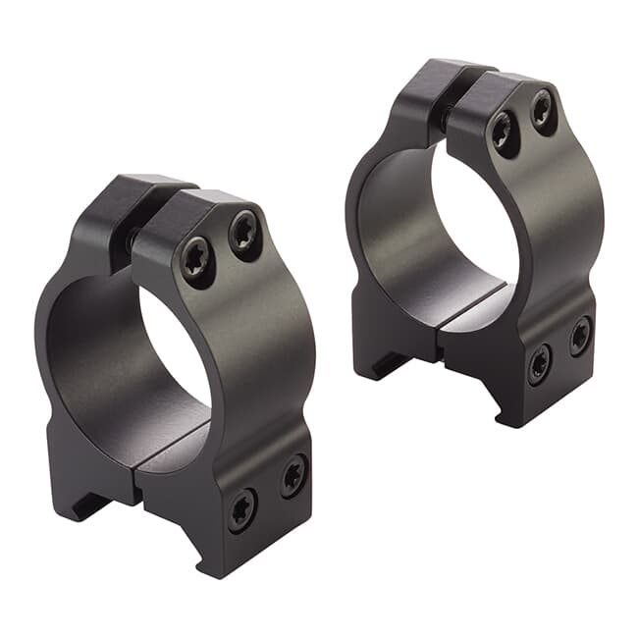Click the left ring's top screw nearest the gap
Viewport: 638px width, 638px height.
(x=198, y=262)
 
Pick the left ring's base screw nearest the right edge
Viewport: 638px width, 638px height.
(x=293, y=476)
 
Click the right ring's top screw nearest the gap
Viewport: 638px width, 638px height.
(x=505, y=133)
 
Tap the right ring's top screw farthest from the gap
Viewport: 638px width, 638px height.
(x=543, y=112)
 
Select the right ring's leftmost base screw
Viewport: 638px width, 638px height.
(x=539, y=365)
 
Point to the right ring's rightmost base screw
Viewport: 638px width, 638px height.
(x=580, y=336)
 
